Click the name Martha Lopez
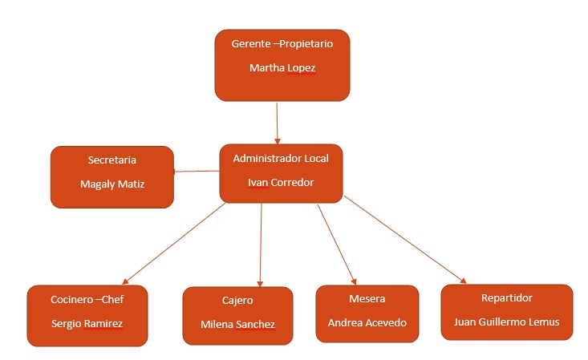282,68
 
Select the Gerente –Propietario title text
282,44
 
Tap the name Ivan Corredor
280,182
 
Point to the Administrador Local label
280,159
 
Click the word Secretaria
112,160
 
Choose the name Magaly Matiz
112,184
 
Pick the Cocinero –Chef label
87,300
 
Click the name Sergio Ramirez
87,323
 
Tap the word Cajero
237,301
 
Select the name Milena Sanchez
237,324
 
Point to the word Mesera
367,299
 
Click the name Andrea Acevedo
367,322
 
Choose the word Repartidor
506,298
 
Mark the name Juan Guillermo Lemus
506,322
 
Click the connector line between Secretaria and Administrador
197,171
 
